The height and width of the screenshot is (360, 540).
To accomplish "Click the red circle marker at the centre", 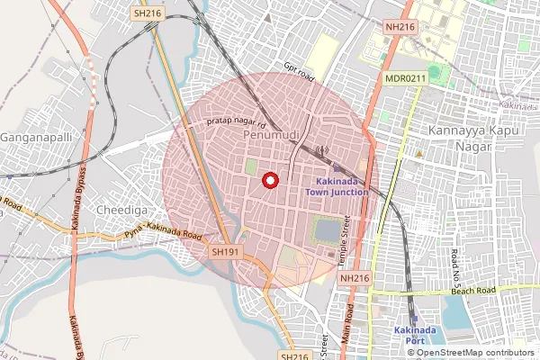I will click(268, 181).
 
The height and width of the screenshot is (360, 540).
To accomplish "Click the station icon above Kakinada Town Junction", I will click(337, 168).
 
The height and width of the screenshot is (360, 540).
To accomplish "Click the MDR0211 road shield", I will click(405, 79).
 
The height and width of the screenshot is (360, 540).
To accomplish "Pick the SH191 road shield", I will click(225, 253).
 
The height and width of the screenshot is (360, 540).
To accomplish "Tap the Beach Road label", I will click(473, 292).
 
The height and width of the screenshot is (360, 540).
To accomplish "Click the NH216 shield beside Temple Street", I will click(354, 279).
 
